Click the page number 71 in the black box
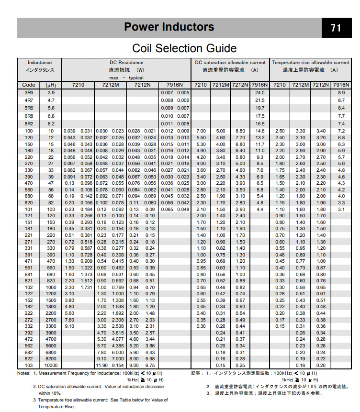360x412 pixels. (x=336, y=28)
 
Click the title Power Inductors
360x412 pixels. (x=169, y=27)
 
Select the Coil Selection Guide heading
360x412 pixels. (x=184, y=48)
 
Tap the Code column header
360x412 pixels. (x=29, y=85)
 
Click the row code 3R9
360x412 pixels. (x=29, y=92)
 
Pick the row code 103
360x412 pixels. (x=29, y=365)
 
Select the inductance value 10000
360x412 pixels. (x=51, y=365)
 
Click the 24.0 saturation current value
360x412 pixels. (x=260, y=92)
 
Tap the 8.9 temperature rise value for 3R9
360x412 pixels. (x=341, y=92)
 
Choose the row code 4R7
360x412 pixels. (x=29, y=100)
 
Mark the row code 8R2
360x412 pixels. (x=29, y=123)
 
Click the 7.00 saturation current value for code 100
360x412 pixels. (x=201, y=131)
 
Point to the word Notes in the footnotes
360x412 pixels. (x=24, y=372)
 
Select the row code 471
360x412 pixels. (x=29, y=261)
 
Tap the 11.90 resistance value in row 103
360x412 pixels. (x=102, y=365)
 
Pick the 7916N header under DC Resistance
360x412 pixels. (x=175, y=85)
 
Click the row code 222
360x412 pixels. (x=29, y=312)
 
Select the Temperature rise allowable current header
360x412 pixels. (x=310, y=63)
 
